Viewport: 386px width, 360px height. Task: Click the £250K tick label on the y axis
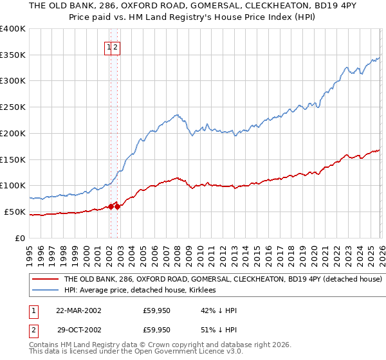[13, 107]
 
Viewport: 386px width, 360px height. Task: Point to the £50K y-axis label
[15, 212]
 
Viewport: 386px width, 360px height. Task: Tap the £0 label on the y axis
[21, 238]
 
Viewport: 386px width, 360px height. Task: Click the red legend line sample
[45, 280]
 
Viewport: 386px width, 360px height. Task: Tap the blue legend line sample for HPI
[45, 291]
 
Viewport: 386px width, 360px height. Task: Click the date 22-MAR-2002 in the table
[78, 310]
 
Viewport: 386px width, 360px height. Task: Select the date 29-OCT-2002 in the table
[78, 330]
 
